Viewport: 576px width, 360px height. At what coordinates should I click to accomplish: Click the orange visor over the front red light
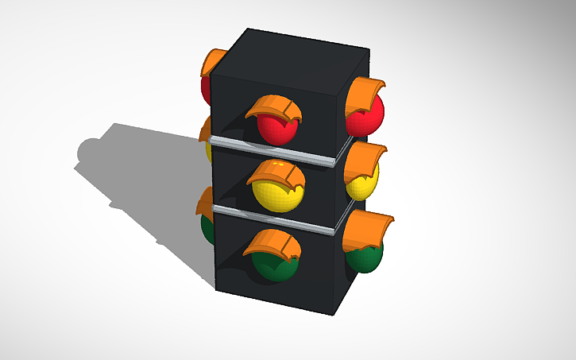point(272,106)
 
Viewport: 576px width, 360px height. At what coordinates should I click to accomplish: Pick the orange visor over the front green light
point(270,243)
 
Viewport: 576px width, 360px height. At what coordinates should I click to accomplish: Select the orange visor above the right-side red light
point(364,93)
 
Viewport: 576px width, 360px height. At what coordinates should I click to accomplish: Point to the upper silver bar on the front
point(270,151)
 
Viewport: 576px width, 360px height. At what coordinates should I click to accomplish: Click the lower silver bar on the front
point(270,220)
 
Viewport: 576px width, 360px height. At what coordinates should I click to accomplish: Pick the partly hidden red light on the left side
point(205,87)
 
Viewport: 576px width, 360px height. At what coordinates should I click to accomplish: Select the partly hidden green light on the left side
point(207,227)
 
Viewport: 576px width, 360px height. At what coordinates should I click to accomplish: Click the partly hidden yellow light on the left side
point(208,151)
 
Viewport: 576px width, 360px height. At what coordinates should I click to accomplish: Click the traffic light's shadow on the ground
point(135,175)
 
